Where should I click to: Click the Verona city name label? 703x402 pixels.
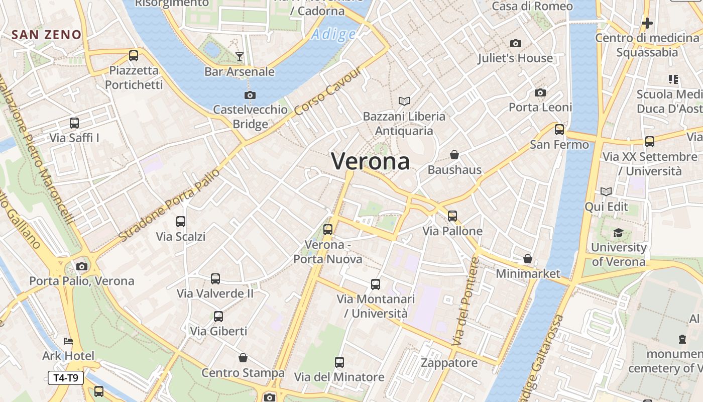pos(371,161)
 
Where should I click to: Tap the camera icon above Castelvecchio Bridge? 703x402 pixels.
pos(250,95)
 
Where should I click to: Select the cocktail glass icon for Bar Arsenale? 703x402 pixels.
pos(240,57)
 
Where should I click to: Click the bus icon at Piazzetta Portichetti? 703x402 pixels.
pos(134,55)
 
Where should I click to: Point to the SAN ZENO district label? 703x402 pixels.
pos(46,35)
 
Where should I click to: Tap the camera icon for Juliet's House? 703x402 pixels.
pos(515,44)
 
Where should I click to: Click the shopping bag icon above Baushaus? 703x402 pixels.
pos(454,155)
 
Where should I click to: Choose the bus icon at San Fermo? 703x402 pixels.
pos(559,130)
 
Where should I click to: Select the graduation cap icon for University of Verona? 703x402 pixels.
pos(618,233)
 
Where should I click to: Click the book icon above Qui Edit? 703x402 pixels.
pos(606,191)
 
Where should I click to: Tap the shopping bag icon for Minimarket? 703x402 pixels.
pos(527,259)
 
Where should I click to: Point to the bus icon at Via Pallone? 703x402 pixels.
pos(452,216)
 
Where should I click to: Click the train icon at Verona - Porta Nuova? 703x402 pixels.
pos(328,230)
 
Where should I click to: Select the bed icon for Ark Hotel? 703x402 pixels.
pos(68,341)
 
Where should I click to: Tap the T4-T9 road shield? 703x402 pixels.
pos(66,377)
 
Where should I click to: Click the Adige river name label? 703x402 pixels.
pos(333,35)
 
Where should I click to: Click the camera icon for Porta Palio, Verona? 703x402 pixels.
pos(82,266)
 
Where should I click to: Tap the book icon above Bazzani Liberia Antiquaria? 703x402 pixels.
pos(404,102)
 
